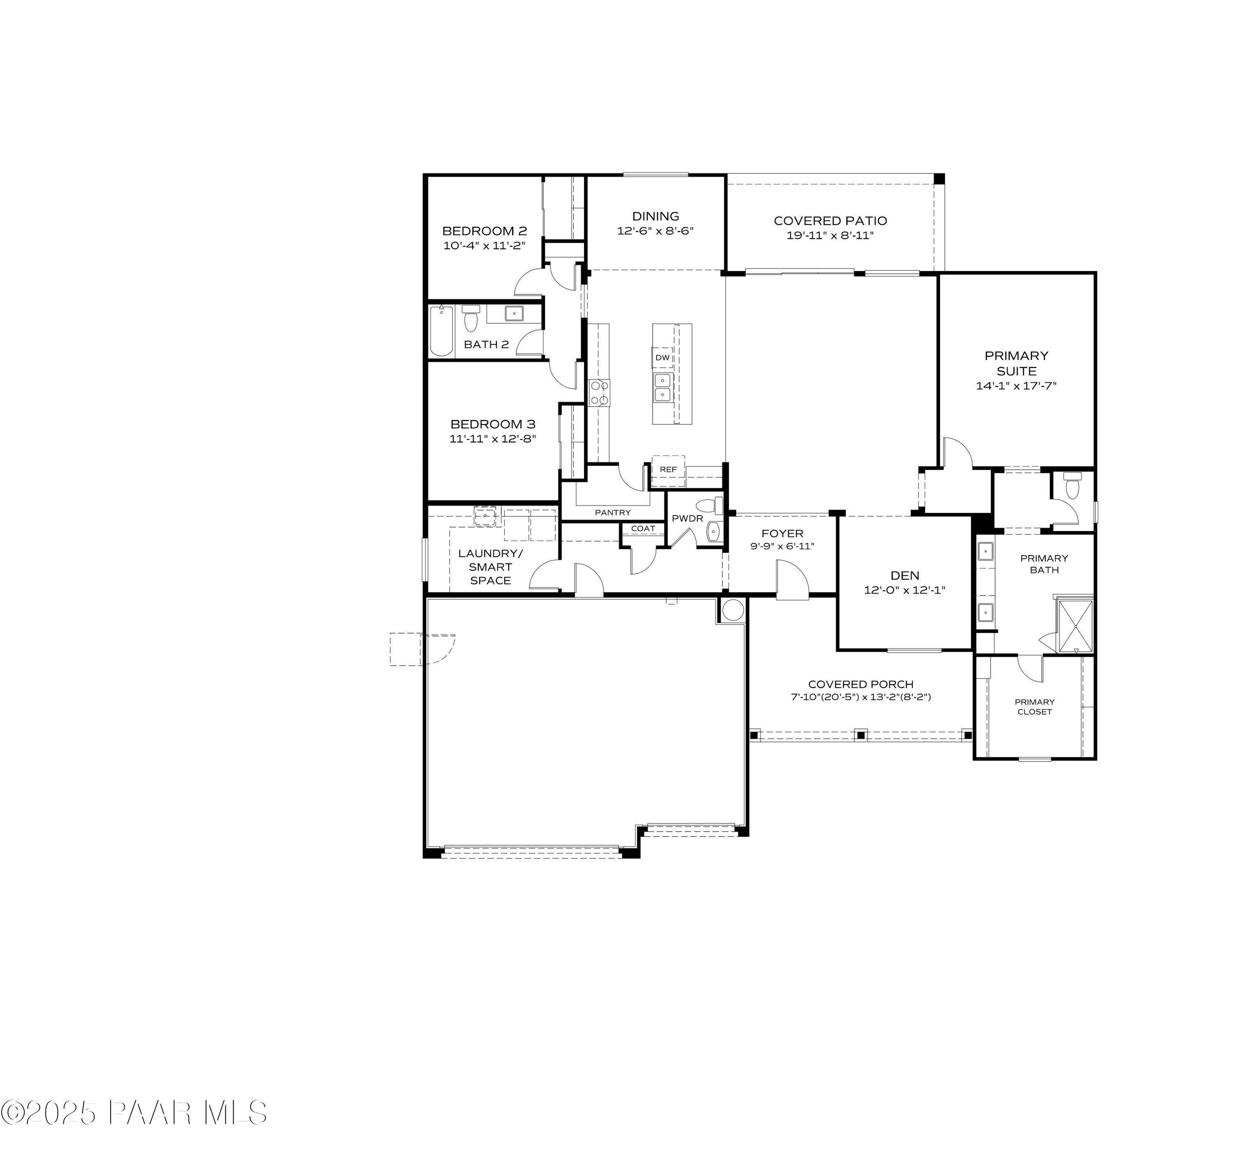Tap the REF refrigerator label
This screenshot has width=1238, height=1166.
click(x=668, y=470)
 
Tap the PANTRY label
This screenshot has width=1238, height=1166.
click(x=613, y=512)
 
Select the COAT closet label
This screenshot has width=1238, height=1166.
click(x=643, y=529)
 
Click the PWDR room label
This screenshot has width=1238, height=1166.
click(x=687, y=519)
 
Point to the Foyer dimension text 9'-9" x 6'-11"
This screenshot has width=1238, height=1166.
click(x=782, y=546)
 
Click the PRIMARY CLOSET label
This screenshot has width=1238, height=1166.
click(x=1034, y=706)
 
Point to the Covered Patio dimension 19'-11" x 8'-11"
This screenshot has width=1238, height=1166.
click(x=830, y=235)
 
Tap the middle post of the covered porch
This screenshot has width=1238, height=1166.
click(x=860, y=736)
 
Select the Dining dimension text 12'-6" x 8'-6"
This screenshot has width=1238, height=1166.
click(x=655, y=230)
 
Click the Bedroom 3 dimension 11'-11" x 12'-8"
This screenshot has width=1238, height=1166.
click(x=492, y=439)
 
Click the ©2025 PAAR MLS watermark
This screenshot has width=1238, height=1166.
click(x=134, y=1112)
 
